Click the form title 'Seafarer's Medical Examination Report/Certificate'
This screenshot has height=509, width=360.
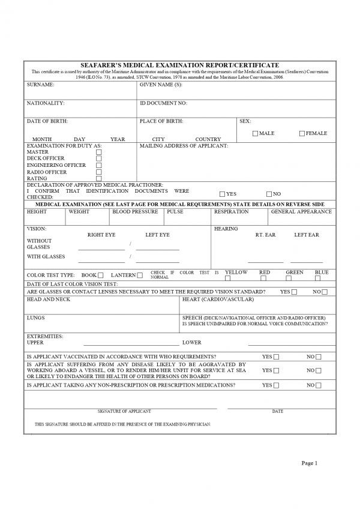click(x=180, y=65)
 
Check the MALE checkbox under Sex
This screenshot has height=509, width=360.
click(x=256, y=133)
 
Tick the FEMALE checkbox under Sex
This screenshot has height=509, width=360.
click(x=302, y=133)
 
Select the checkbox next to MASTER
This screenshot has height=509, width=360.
click(x=99, y=152)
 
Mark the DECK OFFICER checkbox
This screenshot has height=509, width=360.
click(x=99, y=158)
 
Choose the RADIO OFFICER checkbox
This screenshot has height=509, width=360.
click(x=99, y=172)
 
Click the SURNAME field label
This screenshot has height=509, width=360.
click(x=40, y=85)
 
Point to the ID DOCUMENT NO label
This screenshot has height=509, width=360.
click(x=163, y=103)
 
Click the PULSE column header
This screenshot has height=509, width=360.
click(x=175, y=212)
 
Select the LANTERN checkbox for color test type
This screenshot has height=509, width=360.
click(x=139, y=276)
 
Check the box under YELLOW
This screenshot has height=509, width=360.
click(x=228, y=279)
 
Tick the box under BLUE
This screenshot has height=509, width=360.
click(x=322, y=279)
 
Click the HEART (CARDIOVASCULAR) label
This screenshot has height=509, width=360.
click(x=218, y=299)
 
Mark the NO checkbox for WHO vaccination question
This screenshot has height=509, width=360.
click(x=319, y=357)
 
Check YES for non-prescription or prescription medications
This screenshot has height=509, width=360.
click(x=276, y=385)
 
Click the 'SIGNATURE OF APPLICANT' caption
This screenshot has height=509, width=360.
click(x=124, y=411)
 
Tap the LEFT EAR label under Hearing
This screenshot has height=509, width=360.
click(x=306, y=235)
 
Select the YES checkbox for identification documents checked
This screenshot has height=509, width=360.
click(x=223, y=194)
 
